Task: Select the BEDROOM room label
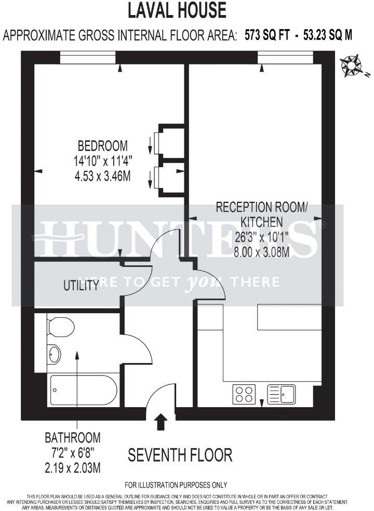coord(102,145)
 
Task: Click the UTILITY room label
coord(81,285)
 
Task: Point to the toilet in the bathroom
coord(60,327)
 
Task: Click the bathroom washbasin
coord(54,355)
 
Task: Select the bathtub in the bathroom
coord(83,389)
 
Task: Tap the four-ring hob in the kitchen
coord(243,394)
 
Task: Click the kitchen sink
coord(281,394)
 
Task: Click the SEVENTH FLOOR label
coord(180,455)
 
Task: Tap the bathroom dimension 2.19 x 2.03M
coord(72,468)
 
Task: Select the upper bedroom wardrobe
coord(170,142)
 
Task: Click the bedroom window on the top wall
coord(87,57)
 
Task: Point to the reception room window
coord(284,57)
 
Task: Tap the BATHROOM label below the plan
coord(72,437)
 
